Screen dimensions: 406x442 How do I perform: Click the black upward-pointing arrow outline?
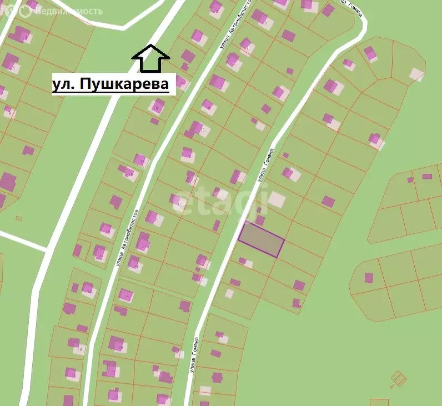click(150, 58)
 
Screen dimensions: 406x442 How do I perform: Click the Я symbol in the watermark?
click(9, 10)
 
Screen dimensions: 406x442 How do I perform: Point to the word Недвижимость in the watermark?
click(67, 11)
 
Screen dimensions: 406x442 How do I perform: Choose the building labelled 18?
click(158, 105)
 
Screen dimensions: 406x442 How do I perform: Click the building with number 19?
click(152, 217)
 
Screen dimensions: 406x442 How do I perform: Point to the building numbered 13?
click(187, 153)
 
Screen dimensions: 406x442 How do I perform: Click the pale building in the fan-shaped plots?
click(416, 74)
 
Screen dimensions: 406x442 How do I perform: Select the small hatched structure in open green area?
click(398, 379)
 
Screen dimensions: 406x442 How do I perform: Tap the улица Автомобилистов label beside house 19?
click(127, 237)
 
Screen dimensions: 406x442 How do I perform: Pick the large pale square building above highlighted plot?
click(276, 200)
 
